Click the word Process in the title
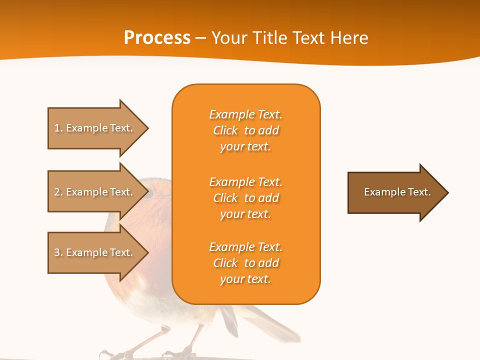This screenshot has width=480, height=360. [x=157, y=37]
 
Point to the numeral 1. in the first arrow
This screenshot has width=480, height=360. [x=58, y=128]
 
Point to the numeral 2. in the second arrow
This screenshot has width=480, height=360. [x=58, y=192]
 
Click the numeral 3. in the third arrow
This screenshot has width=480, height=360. [x=58, y=252]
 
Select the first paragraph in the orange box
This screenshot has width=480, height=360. [x=245, y=130]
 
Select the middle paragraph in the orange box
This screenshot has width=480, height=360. [x=245, y=198]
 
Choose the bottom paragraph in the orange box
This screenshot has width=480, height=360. [x=245, y=263]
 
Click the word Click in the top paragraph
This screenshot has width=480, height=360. [x=225, y=130]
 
